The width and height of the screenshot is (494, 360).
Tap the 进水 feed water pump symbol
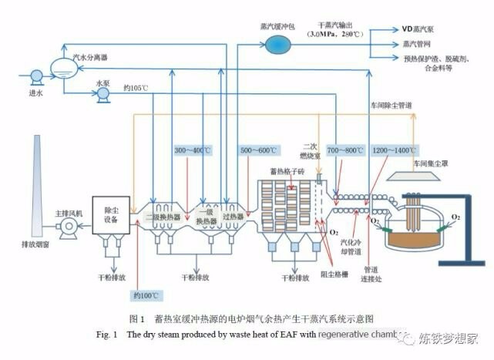[x=35, y=76]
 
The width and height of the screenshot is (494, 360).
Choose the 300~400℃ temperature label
[x=193, y=150]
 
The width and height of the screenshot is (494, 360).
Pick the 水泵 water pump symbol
[x=102, y=94]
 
